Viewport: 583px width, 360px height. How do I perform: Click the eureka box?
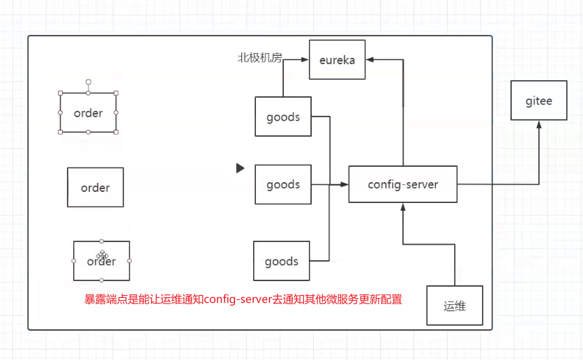coord(337,59)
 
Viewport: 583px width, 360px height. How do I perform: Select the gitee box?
coord(538,101)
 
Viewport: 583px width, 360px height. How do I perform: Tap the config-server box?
coord(402,184)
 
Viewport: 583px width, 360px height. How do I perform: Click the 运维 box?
coord(454,306)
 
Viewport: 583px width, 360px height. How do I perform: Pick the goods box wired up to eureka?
coord(282,117)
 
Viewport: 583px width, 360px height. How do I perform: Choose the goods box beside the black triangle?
coord(282,184)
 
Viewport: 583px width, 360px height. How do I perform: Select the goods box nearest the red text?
coord(281,262)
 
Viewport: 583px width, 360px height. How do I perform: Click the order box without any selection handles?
coord(95,187)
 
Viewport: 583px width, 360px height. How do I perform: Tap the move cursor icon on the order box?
coord(103,256)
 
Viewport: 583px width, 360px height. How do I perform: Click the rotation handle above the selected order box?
coord(88,82)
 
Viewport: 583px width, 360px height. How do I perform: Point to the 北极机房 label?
coord(259,58)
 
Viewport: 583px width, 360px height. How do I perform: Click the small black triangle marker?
coord(240,168)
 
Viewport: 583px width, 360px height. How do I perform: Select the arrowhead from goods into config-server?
coord(344,184)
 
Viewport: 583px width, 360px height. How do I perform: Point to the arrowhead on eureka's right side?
coord(370,60)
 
